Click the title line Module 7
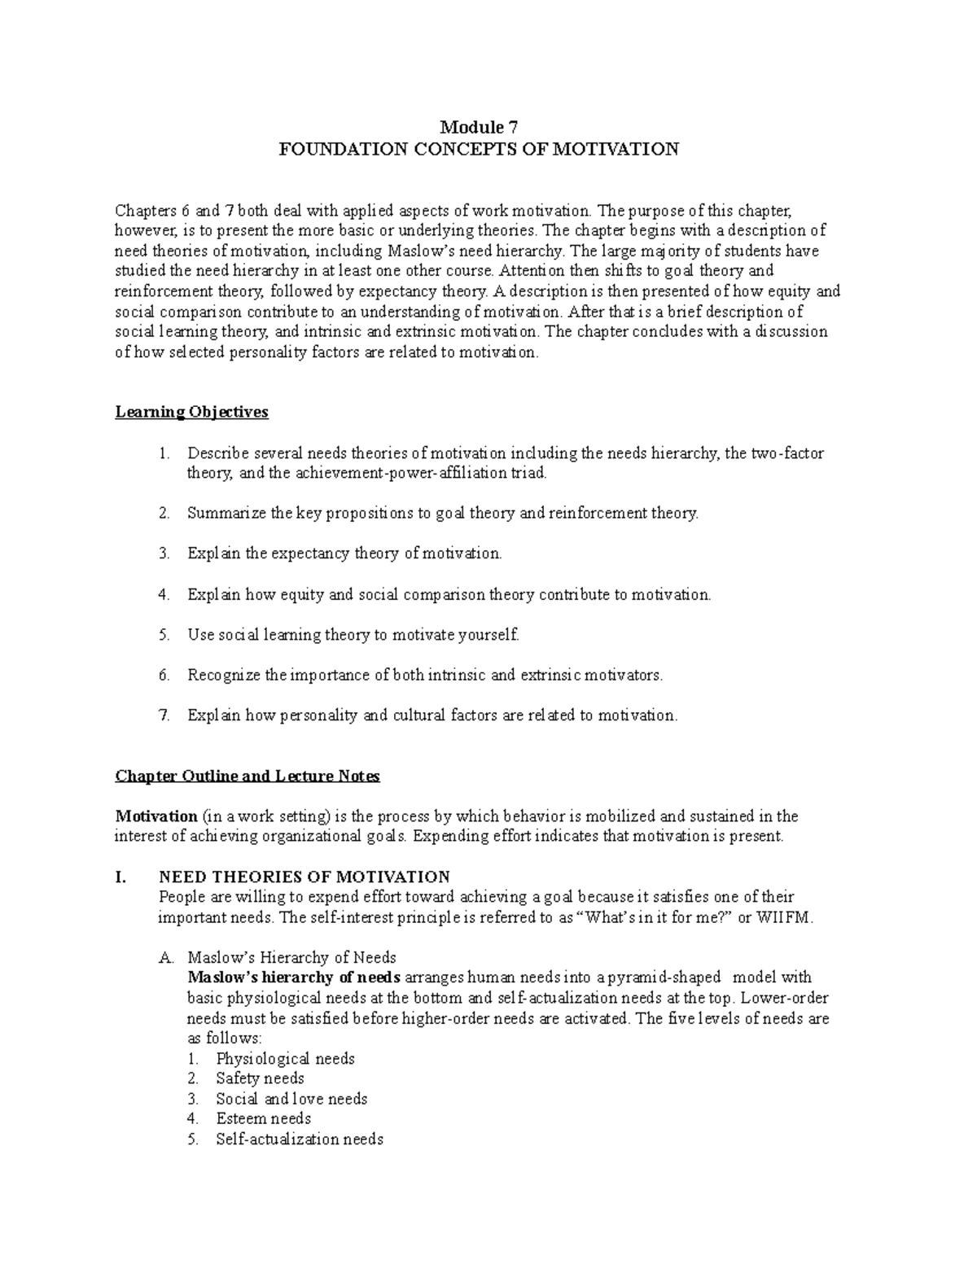coord(479,128)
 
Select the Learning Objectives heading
coord(191,413)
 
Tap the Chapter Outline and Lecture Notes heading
coord(248,776)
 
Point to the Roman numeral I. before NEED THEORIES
coord(122,877)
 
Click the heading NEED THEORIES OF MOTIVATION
coord(304,877)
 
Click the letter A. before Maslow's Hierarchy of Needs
coord(164,958)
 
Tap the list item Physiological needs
coord(285,1059)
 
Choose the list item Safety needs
coord(260,1079)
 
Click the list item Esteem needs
coord(263,1119)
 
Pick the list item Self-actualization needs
coord(299,1139)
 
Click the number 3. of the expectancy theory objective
coord(164,554)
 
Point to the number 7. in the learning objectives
coord(164,716)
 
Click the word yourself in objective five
coord(489,635)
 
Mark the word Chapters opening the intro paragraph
coord(143,211)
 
